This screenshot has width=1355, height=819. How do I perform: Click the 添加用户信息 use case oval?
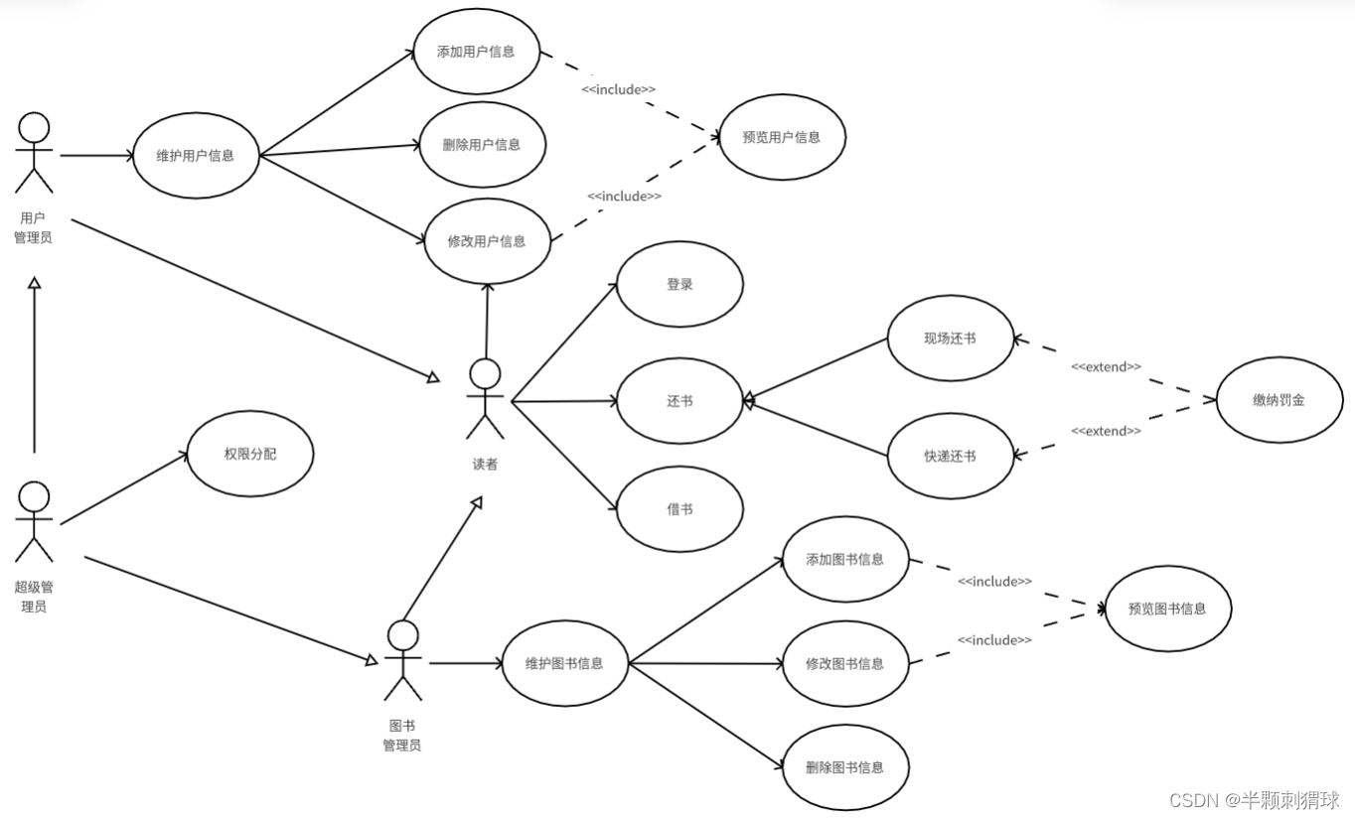pos(476,52)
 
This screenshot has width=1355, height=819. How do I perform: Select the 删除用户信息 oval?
pos(482,145)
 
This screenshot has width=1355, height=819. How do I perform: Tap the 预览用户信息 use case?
pos(782,138)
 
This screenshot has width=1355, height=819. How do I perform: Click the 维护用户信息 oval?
pos(196,155)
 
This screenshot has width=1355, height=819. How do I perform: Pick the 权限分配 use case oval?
pos(250,454)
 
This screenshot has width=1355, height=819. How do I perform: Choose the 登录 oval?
pos(679,284)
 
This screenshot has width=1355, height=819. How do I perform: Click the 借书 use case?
pos(679,509)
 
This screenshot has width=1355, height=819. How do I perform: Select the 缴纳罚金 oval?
pos(1279,400)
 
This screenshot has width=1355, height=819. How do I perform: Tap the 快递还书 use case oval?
pos(950,456)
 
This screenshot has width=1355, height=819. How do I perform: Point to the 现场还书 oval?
pos(950,339)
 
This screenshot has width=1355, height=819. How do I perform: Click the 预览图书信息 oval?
pos(1167,609)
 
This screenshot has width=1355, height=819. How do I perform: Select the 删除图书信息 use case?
pos(845,766)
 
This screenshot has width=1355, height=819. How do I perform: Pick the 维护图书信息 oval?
pos(564,663)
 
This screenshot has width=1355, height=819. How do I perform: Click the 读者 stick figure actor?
pos(486,398)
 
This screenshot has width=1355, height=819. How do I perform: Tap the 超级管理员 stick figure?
pos(34,522)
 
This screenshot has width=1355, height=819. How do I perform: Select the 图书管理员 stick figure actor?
pos(402,661)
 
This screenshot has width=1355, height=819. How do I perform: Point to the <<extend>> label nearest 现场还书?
pos(1106,367)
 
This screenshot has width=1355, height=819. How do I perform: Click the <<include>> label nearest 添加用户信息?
pos(618,89)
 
